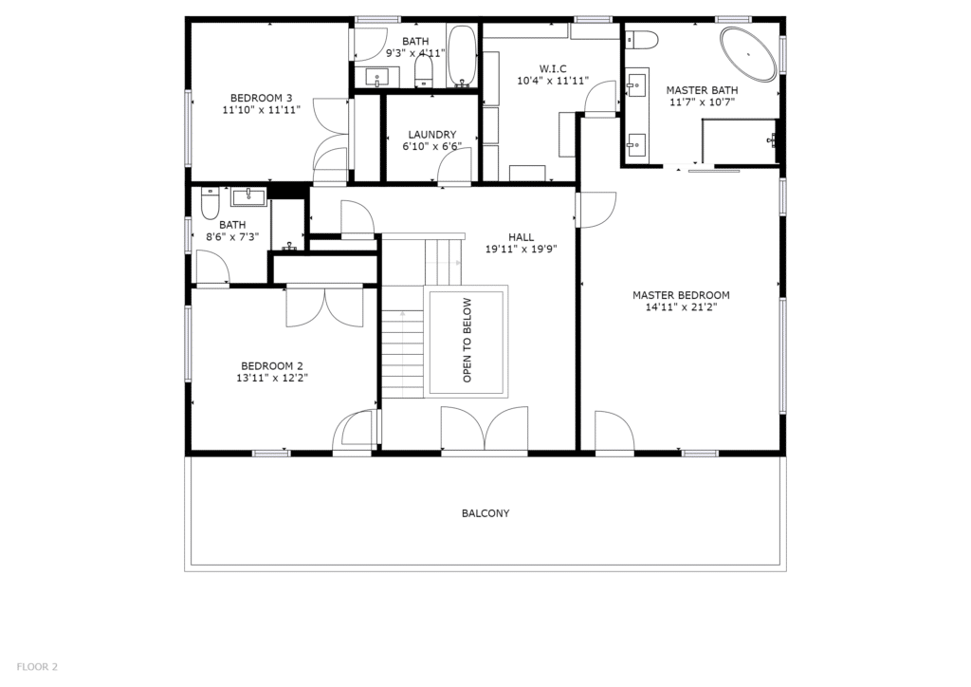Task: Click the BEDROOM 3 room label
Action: click(262, 98)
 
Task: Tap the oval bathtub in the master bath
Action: click(747, 54)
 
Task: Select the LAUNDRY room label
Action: click(432, 135)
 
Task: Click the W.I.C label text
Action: click(553, 68)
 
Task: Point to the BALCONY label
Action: click(485, 513)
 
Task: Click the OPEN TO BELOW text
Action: click(467, 340)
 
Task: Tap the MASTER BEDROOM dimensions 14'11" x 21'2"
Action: click(681, 306)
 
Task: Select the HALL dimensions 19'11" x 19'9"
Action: click(522, 249)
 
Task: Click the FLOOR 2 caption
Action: click(37, 667)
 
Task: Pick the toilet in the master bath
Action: click(641, 40)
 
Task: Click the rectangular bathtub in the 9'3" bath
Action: click(462, 56)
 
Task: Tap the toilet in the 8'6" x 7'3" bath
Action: click(211, 203)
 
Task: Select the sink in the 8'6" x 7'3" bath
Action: click(248, 197)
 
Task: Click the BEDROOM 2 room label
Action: click(272, 366)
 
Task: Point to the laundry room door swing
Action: click(458, 166)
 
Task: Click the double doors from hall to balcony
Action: click(485, 429)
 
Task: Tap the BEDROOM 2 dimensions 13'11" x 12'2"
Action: click(272, 378)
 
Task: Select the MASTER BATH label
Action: click(703, 90)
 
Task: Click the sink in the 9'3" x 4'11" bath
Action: click(377, 78)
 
